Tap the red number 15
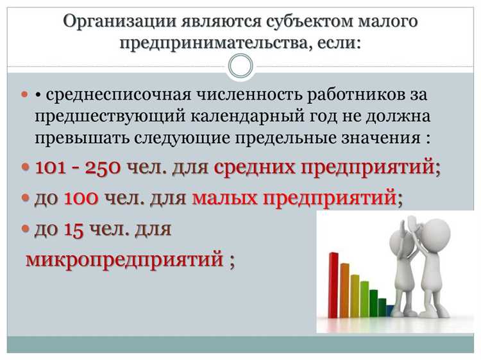pyautogui.click(x=75, y=228)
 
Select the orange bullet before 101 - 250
pyautogui.click(x=26, y=167)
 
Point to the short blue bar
pyautogui.click(x=389, y=311)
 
